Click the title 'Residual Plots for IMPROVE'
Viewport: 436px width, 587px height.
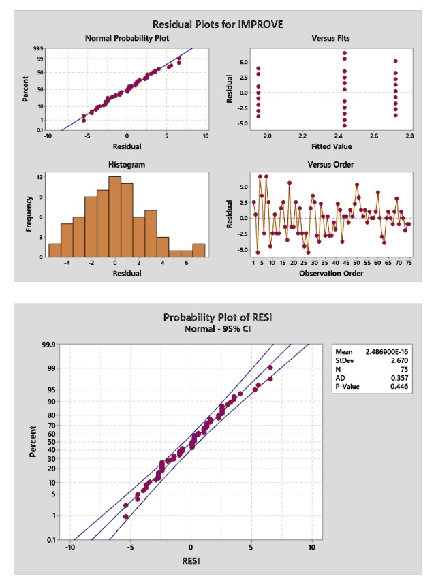point(217,25)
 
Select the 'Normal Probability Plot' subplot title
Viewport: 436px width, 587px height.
point(127,38)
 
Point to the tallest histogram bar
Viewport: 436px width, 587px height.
point(115,217)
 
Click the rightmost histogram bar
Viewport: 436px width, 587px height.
point(198,250)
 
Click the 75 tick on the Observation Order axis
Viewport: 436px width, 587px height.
point(409,262)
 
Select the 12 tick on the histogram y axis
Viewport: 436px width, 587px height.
point(40,177)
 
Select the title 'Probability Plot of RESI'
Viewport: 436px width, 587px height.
point(217,317)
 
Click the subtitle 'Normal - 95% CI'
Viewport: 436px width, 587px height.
point(217,328)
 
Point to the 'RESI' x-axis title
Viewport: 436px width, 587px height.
point(191,561)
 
